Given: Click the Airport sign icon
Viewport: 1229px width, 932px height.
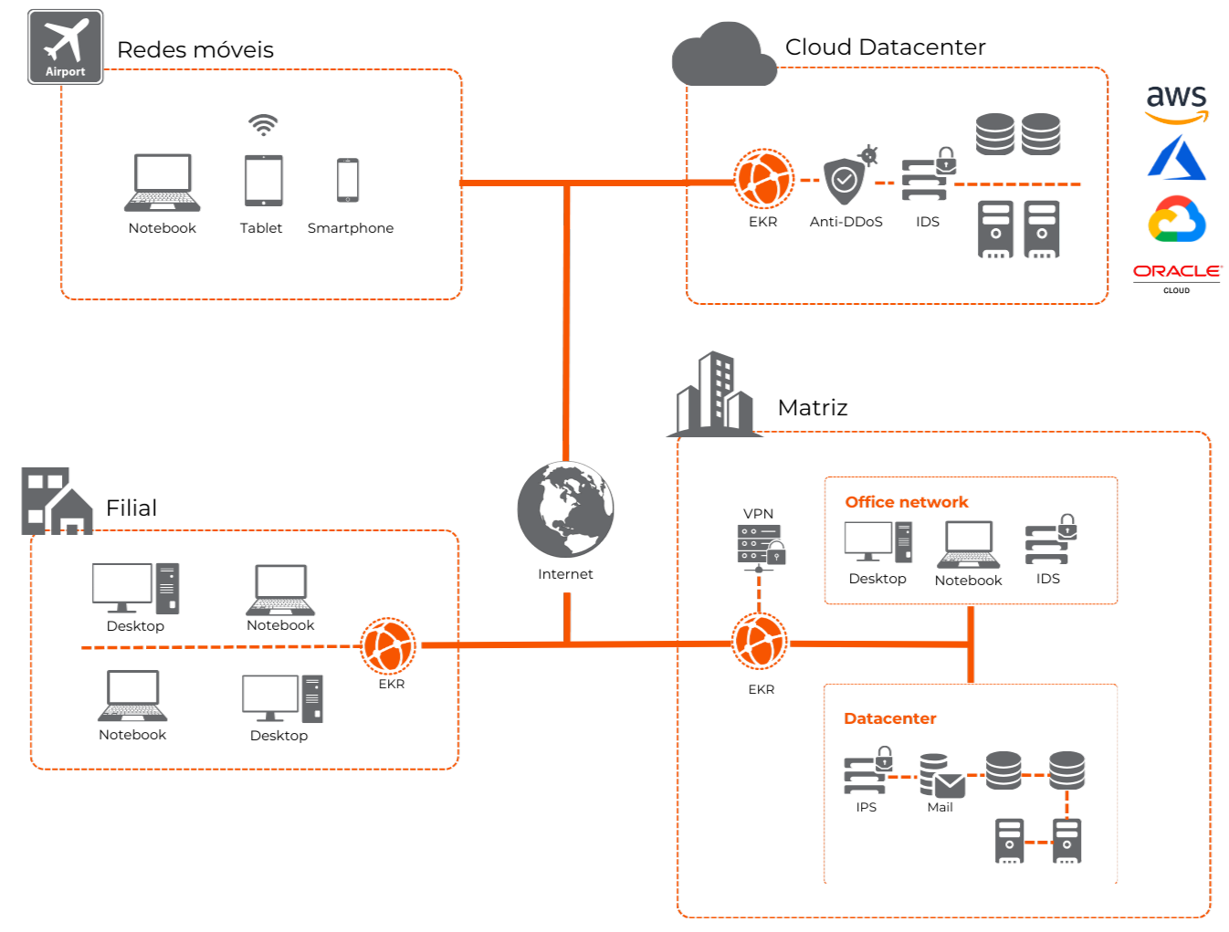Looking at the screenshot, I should point(65,47).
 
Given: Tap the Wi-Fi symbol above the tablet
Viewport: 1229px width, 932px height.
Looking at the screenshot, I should point(263,125).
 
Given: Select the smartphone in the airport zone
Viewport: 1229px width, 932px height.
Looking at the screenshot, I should point(348,180).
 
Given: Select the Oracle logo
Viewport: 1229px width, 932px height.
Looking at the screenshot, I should point(1176,271).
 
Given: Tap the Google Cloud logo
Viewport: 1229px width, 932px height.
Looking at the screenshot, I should point(1176,219).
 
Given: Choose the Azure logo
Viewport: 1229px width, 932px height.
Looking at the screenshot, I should point(1176,158).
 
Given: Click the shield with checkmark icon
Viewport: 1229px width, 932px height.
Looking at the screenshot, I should point(845,180).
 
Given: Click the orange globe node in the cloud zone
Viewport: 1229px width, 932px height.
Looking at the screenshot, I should point(764,179).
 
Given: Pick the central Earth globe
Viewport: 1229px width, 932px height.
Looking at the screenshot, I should point(565,508).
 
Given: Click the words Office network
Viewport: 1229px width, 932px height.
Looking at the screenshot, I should point(907,502).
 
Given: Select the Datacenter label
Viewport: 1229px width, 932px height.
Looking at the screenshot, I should point(890,718).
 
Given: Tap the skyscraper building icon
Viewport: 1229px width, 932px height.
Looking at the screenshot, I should point(715,394).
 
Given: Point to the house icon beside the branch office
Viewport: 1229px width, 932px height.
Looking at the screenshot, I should point(71,512).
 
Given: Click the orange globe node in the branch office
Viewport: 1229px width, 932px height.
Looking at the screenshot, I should point(388,645).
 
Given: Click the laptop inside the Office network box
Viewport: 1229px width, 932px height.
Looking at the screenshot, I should point(968,545).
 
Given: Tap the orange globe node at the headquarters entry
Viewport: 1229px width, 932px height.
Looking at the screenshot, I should point(759,641).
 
